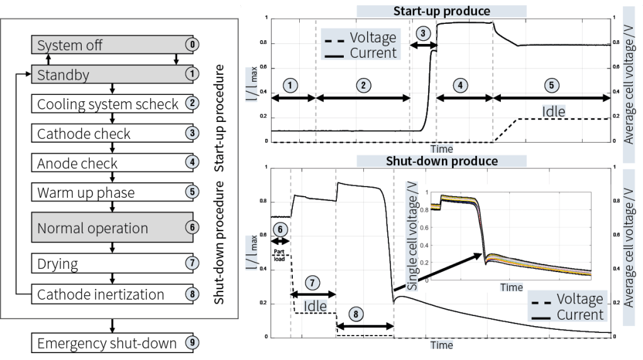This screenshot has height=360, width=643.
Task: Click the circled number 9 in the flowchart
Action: (x=192, y=343)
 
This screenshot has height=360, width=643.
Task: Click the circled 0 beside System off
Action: (x=192, y=45)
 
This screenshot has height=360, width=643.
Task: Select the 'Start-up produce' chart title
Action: (x=441, y=11)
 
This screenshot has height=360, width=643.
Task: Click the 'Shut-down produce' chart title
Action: (x=441, y=161)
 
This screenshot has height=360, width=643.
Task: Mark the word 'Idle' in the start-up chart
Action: (x=554, y=112)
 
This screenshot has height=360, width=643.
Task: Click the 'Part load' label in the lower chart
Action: (x=279, y=254)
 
